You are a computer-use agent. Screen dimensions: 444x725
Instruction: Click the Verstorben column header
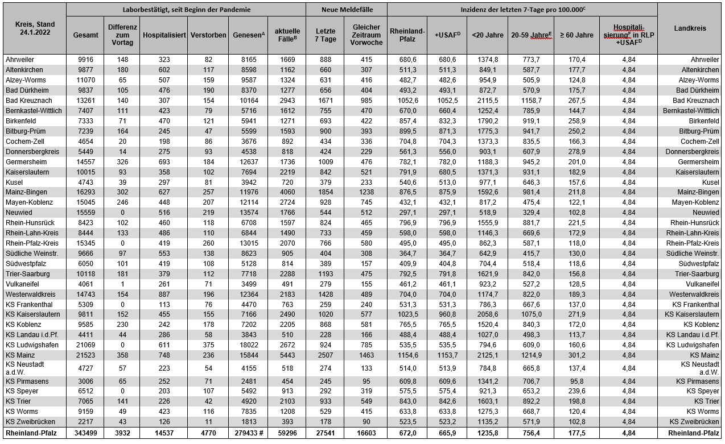tap(208, 35)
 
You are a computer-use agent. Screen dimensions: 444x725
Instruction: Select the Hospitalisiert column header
tap(164, 35)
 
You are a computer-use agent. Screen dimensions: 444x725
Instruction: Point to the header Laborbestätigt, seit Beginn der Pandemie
tap(186, 10)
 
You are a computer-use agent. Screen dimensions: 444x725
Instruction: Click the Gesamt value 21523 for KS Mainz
tap(85, 355)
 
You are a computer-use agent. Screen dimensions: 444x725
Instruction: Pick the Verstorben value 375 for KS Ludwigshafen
tap(208, 345)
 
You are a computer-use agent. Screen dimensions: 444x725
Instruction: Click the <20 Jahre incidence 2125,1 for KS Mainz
tap(487, 355)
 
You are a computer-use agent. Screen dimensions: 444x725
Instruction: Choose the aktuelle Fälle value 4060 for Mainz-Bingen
tap(287, 192)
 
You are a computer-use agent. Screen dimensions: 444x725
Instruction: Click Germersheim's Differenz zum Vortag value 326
tap(122, 162)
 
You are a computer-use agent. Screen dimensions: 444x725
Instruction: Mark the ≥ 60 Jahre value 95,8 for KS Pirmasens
tap(576, 381)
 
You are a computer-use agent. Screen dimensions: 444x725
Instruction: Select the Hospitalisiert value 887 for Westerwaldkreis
tap(164, 294)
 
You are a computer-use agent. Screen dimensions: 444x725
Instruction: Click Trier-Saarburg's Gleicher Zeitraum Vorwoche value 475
tap(366, 274)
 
